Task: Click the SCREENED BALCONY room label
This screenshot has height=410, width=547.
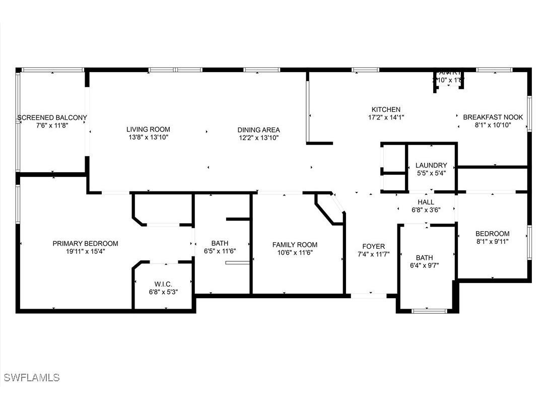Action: point(52,118)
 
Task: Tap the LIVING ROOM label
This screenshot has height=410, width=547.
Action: point(148,129)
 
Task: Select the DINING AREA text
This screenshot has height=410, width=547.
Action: point(258,130)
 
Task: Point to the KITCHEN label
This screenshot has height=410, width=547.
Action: point(386,110)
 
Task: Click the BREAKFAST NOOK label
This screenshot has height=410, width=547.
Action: point(493,117)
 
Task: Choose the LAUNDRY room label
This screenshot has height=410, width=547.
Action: point(431,165)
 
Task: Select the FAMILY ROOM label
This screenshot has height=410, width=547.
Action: point(295,245)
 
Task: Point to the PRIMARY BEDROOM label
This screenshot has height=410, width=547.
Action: point(85,244)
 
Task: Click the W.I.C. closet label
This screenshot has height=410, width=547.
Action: point(163,284)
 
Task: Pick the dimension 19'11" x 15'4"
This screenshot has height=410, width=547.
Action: point(85,251)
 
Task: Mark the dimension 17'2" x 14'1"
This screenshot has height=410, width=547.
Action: point(386,117)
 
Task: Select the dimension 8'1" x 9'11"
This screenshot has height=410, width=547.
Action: point(492,241)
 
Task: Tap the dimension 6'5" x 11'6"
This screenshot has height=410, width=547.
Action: point(220,251)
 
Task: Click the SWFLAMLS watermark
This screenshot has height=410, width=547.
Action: point(32,377)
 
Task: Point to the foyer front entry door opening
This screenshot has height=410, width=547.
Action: point(369,296)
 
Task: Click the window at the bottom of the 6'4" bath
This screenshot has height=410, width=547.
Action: point(429,311)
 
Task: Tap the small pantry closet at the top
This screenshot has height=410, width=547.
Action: point(448,80)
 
